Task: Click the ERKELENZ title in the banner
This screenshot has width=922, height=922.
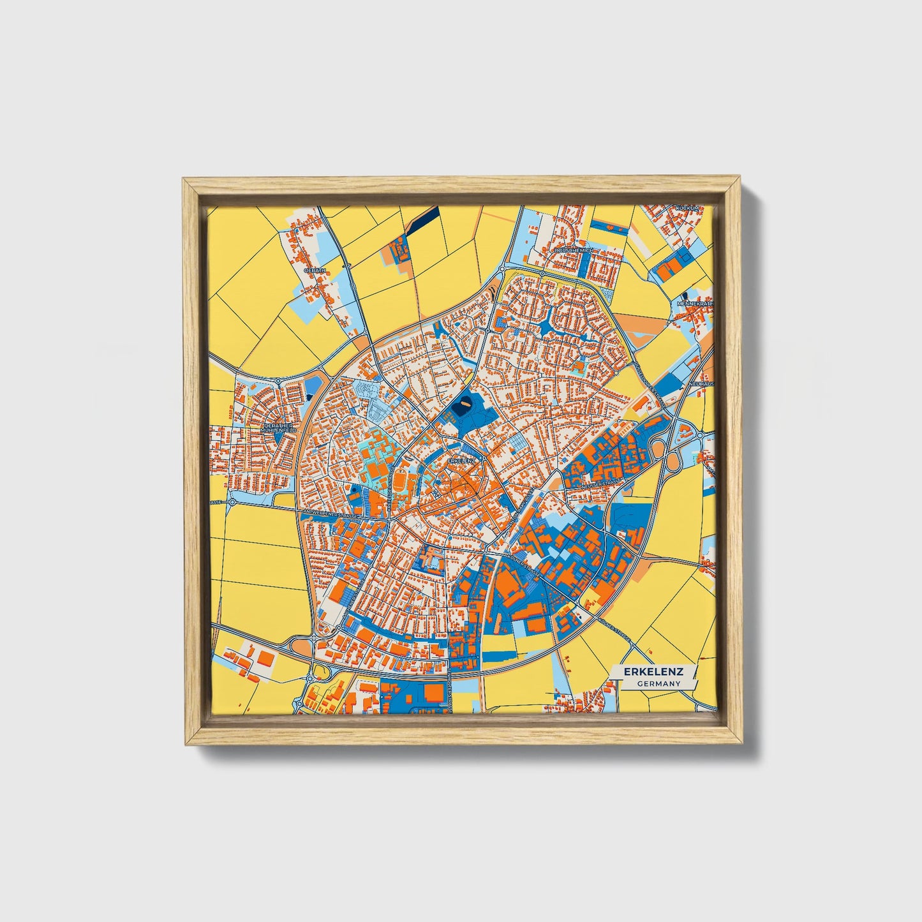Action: pos(653,672)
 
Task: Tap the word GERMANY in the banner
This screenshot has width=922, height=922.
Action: pos(658,683)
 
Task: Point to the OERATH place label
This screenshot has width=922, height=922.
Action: pos(315,271)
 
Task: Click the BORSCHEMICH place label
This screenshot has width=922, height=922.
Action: pos(574,251)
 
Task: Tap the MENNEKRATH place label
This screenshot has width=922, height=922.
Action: pos(696,304)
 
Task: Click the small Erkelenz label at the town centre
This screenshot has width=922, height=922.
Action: pos(461,459)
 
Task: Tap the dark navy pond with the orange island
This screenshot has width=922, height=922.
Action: pos(465,405)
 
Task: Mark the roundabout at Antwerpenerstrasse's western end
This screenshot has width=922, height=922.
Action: pos(232,502)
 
